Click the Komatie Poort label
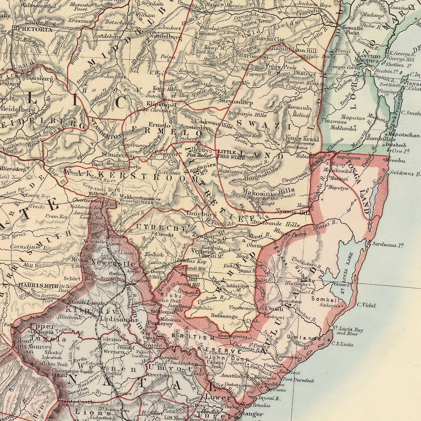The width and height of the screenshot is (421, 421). click(x=352, y=30)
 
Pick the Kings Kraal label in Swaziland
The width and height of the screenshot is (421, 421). click(x=302, y=139)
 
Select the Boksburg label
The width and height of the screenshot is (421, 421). click(x=39, y=78)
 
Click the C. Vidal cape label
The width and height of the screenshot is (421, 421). click(x=366, y=305)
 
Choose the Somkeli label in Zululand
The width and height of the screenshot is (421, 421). click(x=325, y=300)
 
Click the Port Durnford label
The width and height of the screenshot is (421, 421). click(x=298, y=380)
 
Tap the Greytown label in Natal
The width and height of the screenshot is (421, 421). click(x=160, y=375)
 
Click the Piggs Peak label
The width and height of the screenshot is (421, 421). click(x=281, y=67)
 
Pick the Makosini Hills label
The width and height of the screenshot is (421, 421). click(x=268, y=191)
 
